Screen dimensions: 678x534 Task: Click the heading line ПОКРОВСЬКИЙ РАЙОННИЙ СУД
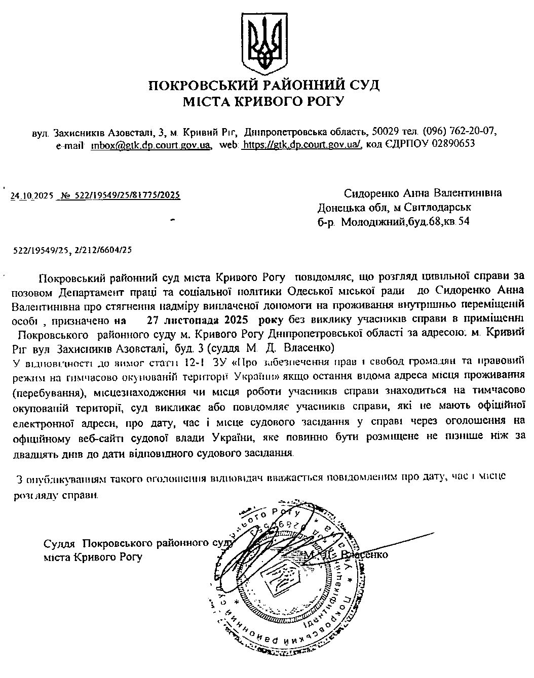263,85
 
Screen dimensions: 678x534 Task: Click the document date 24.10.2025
32,195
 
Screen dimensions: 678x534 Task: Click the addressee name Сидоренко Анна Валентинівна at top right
423,193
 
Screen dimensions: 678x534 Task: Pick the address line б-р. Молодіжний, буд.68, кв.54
393,222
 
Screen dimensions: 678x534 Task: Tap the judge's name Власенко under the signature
364,555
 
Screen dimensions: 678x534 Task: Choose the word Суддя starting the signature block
60,544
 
